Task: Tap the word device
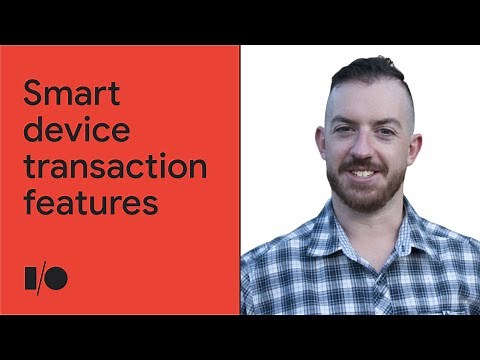point(69,132)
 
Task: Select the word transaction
point(114,167)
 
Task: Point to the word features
point(90,202)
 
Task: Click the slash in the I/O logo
point(43,278)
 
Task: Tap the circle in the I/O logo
point(58,278)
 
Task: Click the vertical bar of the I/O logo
point(27,278)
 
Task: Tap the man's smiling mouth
point(365,172)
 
